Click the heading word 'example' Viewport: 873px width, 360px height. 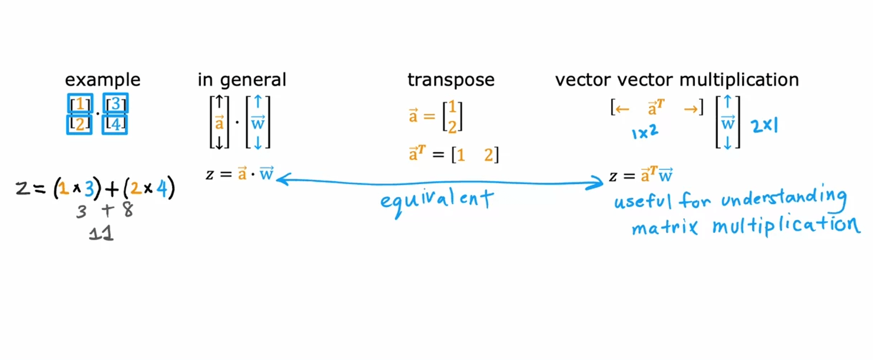[103, 80]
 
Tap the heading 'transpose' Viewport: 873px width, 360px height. [451, 80]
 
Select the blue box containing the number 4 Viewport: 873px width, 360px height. [115, 124]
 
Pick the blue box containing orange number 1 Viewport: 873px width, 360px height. [80, 104]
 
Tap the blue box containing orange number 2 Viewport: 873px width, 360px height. [79, 124]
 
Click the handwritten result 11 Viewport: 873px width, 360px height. [101, 233]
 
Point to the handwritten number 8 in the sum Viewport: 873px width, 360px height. [128, 210]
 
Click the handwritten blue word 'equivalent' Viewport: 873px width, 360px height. [436, 201]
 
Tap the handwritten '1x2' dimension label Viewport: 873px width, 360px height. [645, 131]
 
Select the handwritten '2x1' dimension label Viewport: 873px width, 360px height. [764, 126]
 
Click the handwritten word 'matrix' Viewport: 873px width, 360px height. [664, 227]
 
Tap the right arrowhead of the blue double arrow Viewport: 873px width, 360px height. [598, 182]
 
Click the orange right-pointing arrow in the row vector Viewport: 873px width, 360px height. [691, 109]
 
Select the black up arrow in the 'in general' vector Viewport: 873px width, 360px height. [219, 102]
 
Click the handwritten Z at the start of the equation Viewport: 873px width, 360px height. [23, 188]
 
